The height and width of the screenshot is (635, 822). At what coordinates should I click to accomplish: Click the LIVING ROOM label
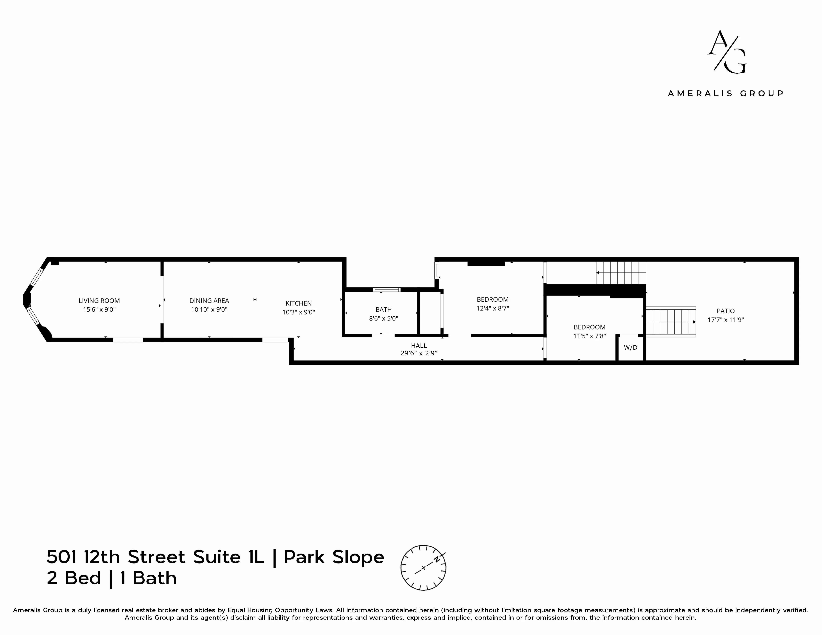(x=99, y=301)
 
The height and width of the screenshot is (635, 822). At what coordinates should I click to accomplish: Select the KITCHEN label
(x=299, y=303)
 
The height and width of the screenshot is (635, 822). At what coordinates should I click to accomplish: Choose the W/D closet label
(x=631, y=347)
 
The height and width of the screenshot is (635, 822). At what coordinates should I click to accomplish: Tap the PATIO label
(x=726, y=311)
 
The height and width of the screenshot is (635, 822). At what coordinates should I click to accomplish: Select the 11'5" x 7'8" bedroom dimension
(x=589, y=336)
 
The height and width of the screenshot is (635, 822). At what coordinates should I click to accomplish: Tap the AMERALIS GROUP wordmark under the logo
(x=726, y=93)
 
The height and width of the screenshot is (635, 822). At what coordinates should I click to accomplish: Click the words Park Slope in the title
(x=334, y=557)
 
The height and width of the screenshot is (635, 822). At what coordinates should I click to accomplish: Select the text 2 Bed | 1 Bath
(x=111, y=578)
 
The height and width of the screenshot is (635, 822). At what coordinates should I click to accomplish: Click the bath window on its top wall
(x=387, y=289)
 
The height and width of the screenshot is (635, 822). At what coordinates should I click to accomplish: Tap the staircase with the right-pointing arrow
(x=671, y=322)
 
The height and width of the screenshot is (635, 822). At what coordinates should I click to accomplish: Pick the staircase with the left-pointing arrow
(x=621, y=273)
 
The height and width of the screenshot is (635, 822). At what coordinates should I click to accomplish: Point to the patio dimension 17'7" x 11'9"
(x=726, y=320)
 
